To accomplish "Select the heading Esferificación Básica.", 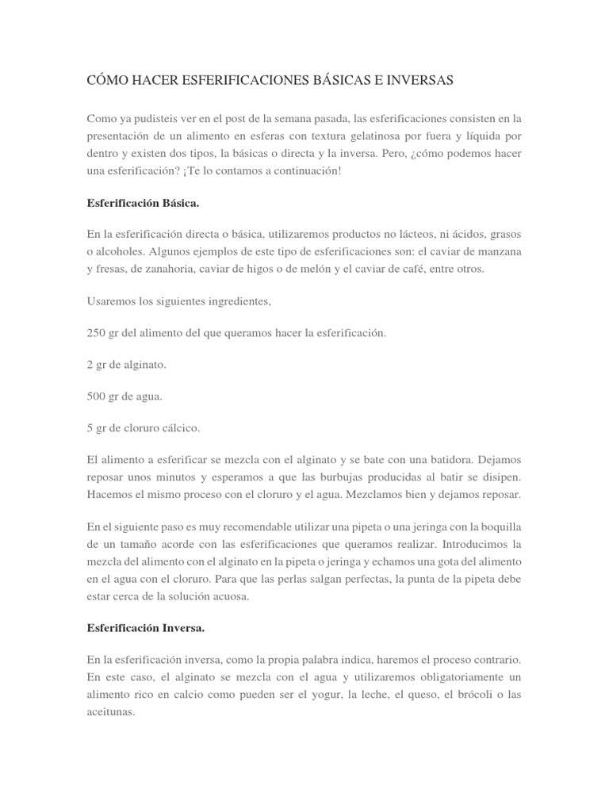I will (x=143, y=203).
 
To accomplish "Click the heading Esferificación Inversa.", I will (x=146, y=628).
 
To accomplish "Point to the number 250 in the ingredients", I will (x=96, y=333).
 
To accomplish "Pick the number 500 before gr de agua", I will (x=96, y=396).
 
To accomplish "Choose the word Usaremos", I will (x=110, y=301).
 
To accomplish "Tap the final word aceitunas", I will (x=111, y=712).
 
